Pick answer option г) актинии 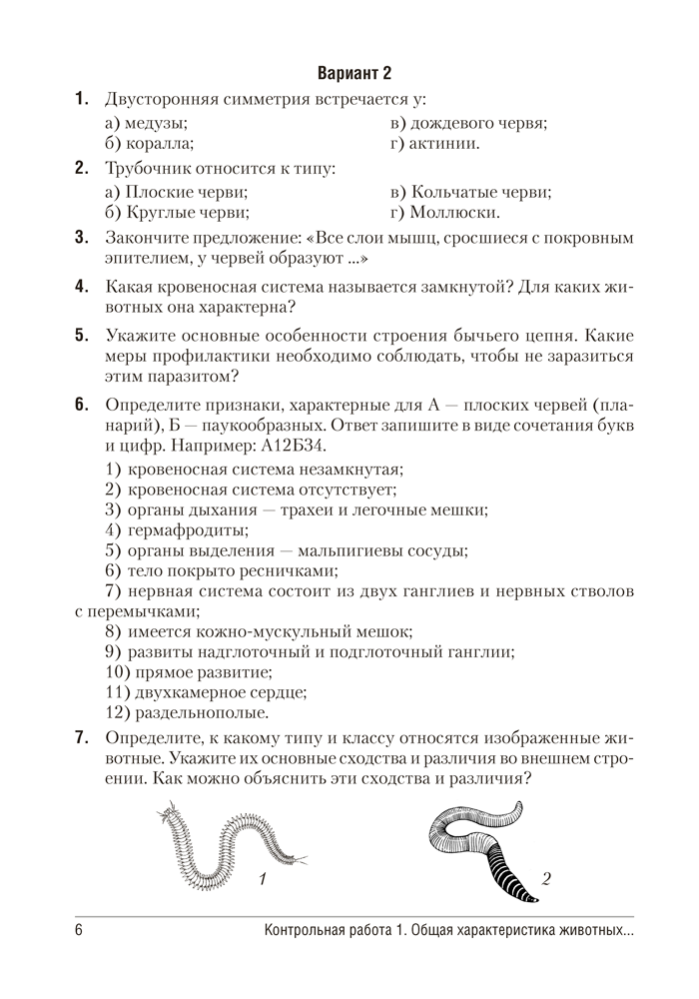(436, 144)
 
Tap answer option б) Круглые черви (176, 212)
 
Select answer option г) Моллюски (445, 212)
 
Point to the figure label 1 (261, 879)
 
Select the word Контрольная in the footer (312, 938)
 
